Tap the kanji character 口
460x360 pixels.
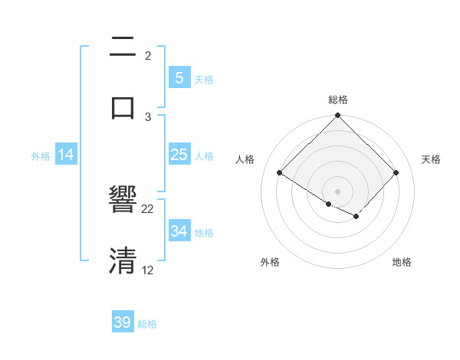click(123, 106)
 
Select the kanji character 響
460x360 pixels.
click(123, 201)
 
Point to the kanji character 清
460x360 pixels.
click(123, 260)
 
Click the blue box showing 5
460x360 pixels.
click(179, 77)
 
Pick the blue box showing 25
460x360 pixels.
click(179, 155)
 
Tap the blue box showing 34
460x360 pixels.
click(179, 231)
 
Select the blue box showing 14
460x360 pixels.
click(66, 155)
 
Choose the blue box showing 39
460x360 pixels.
click(123, 322)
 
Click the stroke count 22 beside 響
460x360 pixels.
click(148, 208)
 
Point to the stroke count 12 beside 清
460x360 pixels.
click(148, 270)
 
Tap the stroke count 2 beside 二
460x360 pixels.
click(148, 55)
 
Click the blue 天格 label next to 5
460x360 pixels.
click(204, 79)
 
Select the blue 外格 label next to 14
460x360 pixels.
click(41, 155)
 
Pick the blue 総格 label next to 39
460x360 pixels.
click(147, 324)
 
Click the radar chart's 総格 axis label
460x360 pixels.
click(338, 100)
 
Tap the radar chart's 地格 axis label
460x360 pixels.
click(402, 262)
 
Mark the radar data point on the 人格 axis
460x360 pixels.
click(280, 172)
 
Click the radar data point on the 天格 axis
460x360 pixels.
click(396, 172)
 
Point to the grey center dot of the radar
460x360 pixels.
click(338, 191)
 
